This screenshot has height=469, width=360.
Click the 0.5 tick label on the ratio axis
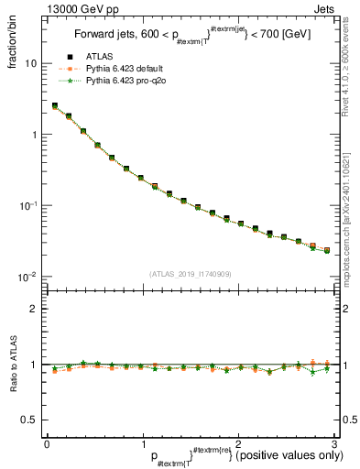pos(29,420)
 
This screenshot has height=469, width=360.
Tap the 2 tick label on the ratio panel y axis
pos(34,309)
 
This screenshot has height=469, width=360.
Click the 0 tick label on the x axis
pos(47,443)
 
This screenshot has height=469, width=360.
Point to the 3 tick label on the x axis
pos(333,443)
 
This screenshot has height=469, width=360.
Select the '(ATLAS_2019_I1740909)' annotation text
pos(190,274)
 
